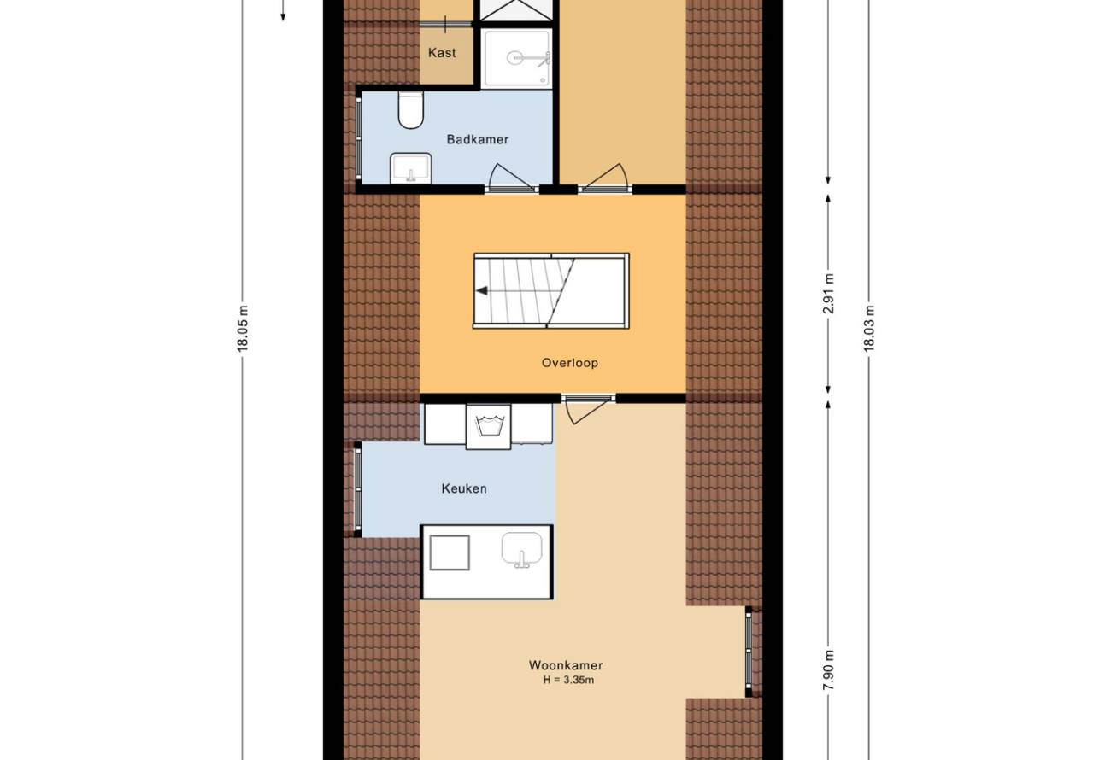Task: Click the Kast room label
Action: pos(442,52)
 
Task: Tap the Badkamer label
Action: pos(477,139)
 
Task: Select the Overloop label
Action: pos(569,363)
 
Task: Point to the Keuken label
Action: pos(464,488)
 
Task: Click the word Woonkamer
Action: pos(566,665)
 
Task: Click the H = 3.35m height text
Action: pos(568,680)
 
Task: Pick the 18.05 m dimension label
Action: pos(242,329)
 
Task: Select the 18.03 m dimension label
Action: pos(869,329)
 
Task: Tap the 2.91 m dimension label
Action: pos(828,294)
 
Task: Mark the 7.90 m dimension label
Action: pos(828,669)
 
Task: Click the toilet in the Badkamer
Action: pos(411,109)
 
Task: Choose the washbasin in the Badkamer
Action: pos(411,168)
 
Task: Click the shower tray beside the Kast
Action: pos(516,58)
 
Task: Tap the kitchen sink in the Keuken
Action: pos(522,550)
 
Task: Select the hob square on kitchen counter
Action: pos(450,552)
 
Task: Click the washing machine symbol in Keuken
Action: pos(488,427)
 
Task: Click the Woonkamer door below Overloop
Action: pos(588,410)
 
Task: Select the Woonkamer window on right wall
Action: pos(749,652)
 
